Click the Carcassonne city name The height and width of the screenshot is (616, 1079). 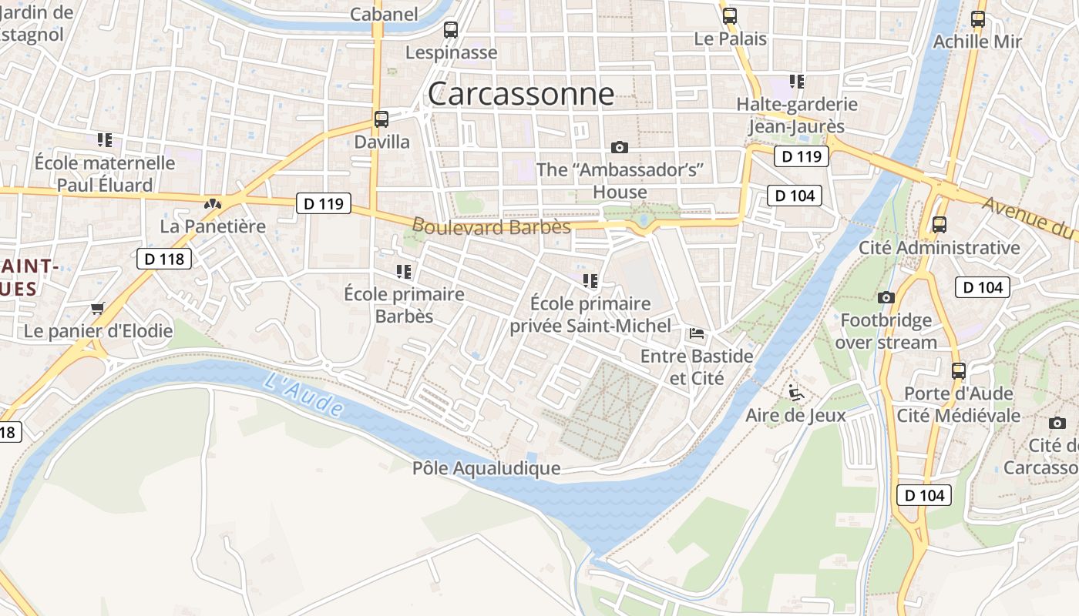pos(521,94)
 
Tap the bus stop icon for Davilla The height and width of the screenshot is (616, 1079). pos(382,119)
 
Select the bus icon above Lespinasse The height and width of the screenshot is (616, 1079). pos(451,30)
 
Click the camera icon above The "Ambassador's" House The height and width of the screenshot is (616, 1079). pos(619,147)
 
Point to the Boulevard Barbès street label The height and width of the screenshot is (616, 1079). pos(492,226)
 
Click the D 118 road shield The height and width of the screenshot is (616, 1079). pos(164,259)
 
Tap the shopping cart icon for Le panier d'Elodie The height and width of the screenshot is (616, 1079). pos(97,309)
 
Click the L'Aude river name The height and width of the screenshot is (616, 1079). pos(302,395)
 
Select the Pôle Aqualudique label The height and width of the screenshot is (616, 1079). pos(486,468)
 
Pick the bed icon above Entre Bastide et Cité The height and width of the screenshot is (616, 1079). pos(696,333)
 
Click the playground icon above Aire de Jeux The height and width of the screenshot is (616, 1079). pos(796,393)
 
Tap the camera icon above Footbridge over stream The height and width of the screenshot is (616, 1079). pos(886,297)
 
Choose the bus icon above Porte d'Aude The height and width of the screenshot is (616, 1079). pos(958,371)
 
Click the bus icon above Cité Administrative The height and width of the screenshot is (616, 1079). pos(939,225)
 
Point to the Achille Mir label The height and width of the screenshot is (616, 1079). pos(977,42)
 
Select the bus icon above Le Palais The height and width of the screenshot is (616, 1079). pos(729,15)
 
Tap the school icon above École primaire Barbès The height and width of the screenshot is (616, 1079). pos(403,271)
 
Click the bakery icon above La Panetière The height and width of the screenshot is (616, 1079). pos(212,204)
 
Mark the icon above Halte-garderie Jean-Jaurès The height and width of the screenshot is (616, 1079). pos(796,81)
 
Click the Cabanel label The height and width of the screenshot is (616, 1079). pos(384,14)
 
